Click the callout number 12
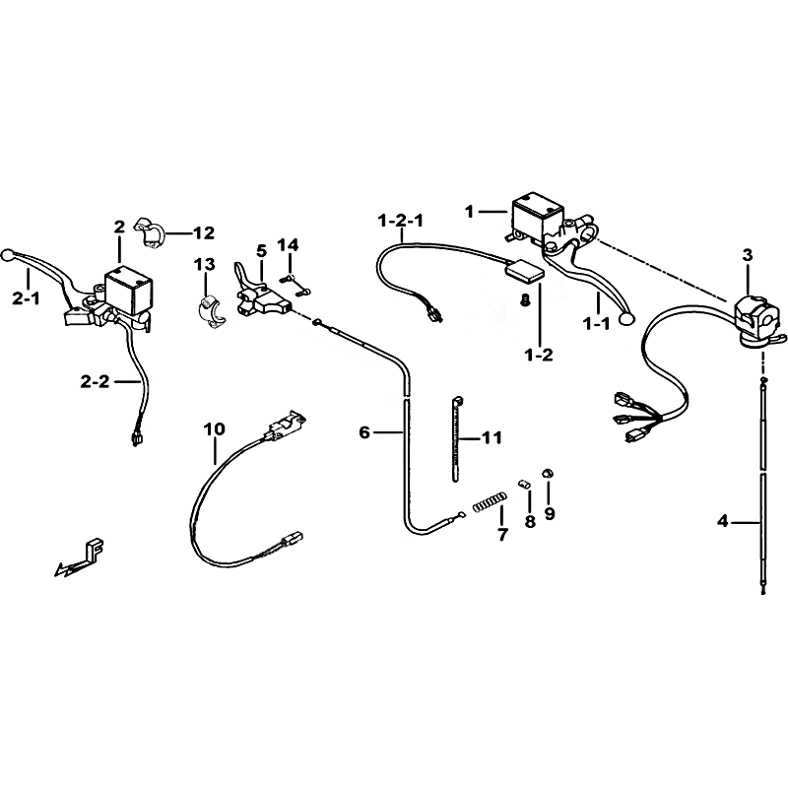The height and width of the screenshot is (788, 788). tap(204, 232)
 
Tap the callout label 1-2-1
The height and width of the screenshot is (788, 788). tap(401, 220)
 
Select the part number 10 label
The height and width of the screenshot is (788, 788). tap(214, 429)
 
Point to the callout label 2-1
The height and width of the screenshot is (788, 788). tap(27, 298)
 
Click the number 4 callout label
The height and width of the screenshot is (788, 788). tap(723, 522)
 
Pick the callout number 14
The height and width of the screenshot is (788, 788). tap(288, 245)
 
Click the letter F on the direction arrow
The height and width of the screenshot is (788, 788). tap(97, 549)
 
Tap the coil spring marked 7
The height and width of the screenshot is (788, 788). tap(490, 502)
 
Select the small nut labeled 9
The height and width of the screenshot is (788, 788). tap(548, 473)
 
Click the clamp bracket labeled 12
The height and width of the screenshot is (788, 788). tap(149, 232)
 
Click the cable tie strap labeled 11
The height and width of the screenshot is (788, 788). tap(456, 438)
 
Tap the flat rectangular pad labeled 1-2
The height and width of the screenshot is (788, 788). tap(524, 274)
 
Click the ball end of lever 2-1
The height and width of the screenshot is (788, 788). tap(8, 255)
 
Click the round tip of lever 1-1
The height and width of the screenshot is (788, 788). tap(626, 317)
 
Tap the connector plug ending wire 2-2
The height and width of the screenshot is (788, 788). tap(135, 438)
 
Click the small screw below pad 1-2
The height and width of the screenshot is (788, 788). tap(525, 301)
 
